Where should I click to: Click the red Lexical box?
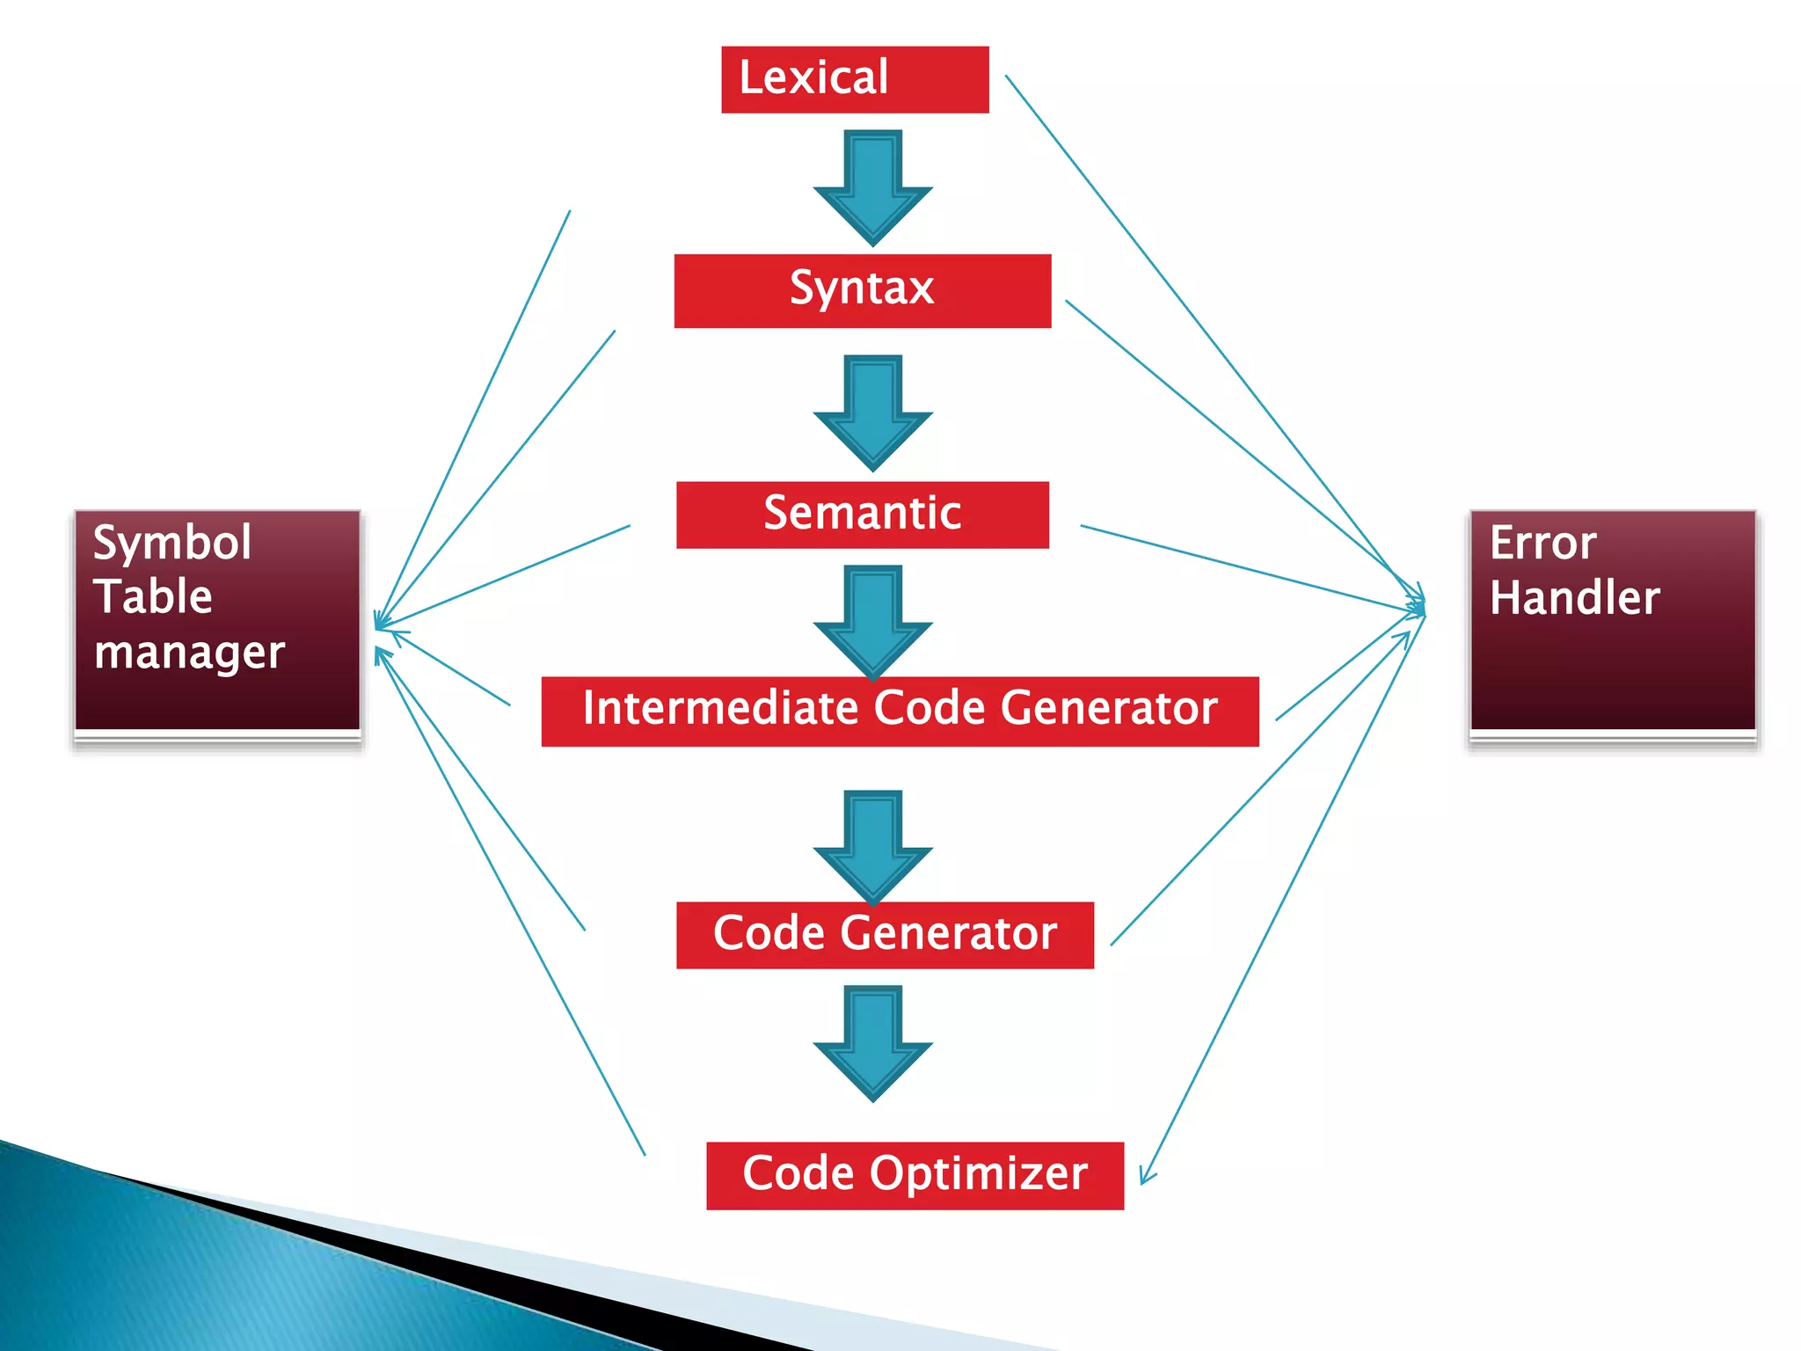click(855, 79)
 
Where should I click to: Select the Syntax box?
click(862, 290)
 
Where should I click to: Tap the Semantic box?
click(862, 515)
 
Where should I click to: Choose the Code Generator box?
click(885, 934)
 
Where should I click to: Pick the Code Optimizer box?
click(915, 1175)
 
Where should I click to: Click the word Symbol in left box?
click(171, 543)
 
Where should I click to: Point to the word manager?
click(189, 654)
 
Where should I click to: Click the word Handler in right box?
click(1574, 598)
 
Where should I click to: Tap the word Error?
click(1542, 543)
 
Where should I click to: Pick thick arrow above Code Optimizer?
click(872, 1042)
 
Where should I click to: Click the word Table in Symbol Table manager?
click(153, 597)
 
